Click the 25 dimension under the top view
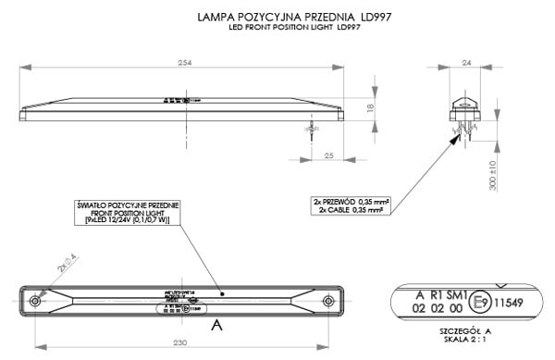[x=330, y=156]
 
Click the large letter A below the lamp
[x=216, y=325]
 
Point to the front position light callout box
[x=129, y=212]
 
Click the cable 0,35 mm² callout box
[x=349, y=204]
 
